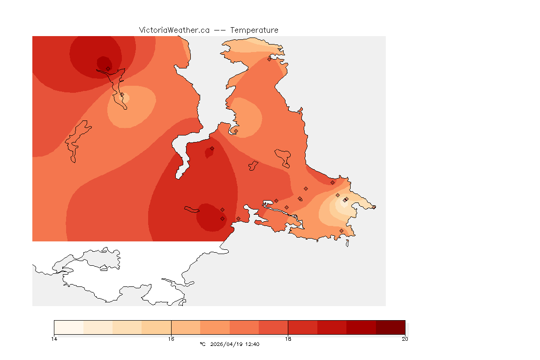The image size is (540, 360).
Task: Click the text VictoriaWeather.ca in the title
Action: point(174,30)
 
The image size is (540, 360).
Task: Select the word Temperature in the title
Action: point(254,30)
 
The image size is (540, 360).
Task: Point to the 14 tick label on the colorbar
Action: point(54,338)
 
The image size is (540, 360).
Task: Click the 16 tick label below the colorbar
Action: point(171,338)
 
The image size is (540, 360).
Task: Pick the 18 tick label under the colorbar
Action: point(288,338)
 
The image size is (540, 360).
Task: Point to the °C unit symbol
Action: point(202,344)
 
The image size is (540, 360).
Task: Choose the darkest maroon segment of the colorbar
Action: point(390,327)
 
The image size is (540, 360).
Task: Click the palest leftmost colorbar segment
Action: point(69,327)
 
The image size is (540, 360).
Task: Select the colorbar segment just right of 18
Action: point(302,327)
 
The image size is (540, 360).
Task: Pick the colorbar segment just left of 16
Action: point(157,327)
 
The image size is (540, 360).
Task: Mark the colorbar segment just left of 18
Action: point(273,327)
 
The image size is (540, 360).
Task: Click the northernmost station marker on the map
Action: point(269,59)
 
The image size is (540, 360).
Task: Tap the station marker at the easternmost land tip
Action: point(374,207)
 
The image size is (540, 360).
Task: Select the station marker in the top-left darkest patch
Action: point(108,68)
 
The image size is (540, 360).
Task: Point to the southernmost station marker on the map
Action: point(341,231)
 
